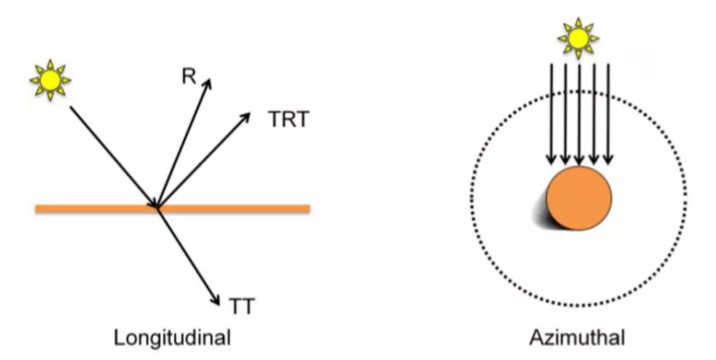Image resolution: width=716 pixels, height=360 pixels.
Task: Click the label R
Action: [189, 76]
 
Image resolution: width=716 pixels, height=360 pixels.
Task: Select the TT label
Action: [242, 306]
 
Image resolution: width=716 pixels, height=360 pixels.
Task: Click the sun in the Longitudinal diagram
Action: [50, 80]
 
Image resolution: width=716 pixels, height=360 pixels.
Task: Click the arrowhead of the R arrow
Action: [208, 82]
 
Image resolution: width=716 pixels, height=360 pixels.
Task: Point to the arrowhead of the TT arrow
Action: [216, 300]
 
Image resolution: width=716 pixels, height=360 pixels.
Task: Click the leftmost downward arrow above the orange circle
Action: [550, 113]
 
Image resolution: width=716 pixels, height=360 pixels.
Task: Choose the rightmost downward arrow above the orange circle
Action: [608, 113]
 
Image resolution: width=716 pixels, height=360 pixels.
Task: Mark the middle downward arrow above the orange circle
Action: [579, 113]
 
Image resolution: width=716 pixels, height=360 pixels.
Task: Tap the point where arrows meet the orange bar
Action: [158, 208]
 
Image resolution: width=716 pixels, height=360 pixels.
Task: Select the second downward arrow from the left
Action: [565, 113]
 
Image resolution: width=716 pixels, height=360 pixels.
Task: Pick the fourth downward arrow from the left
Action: [593, 113]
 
